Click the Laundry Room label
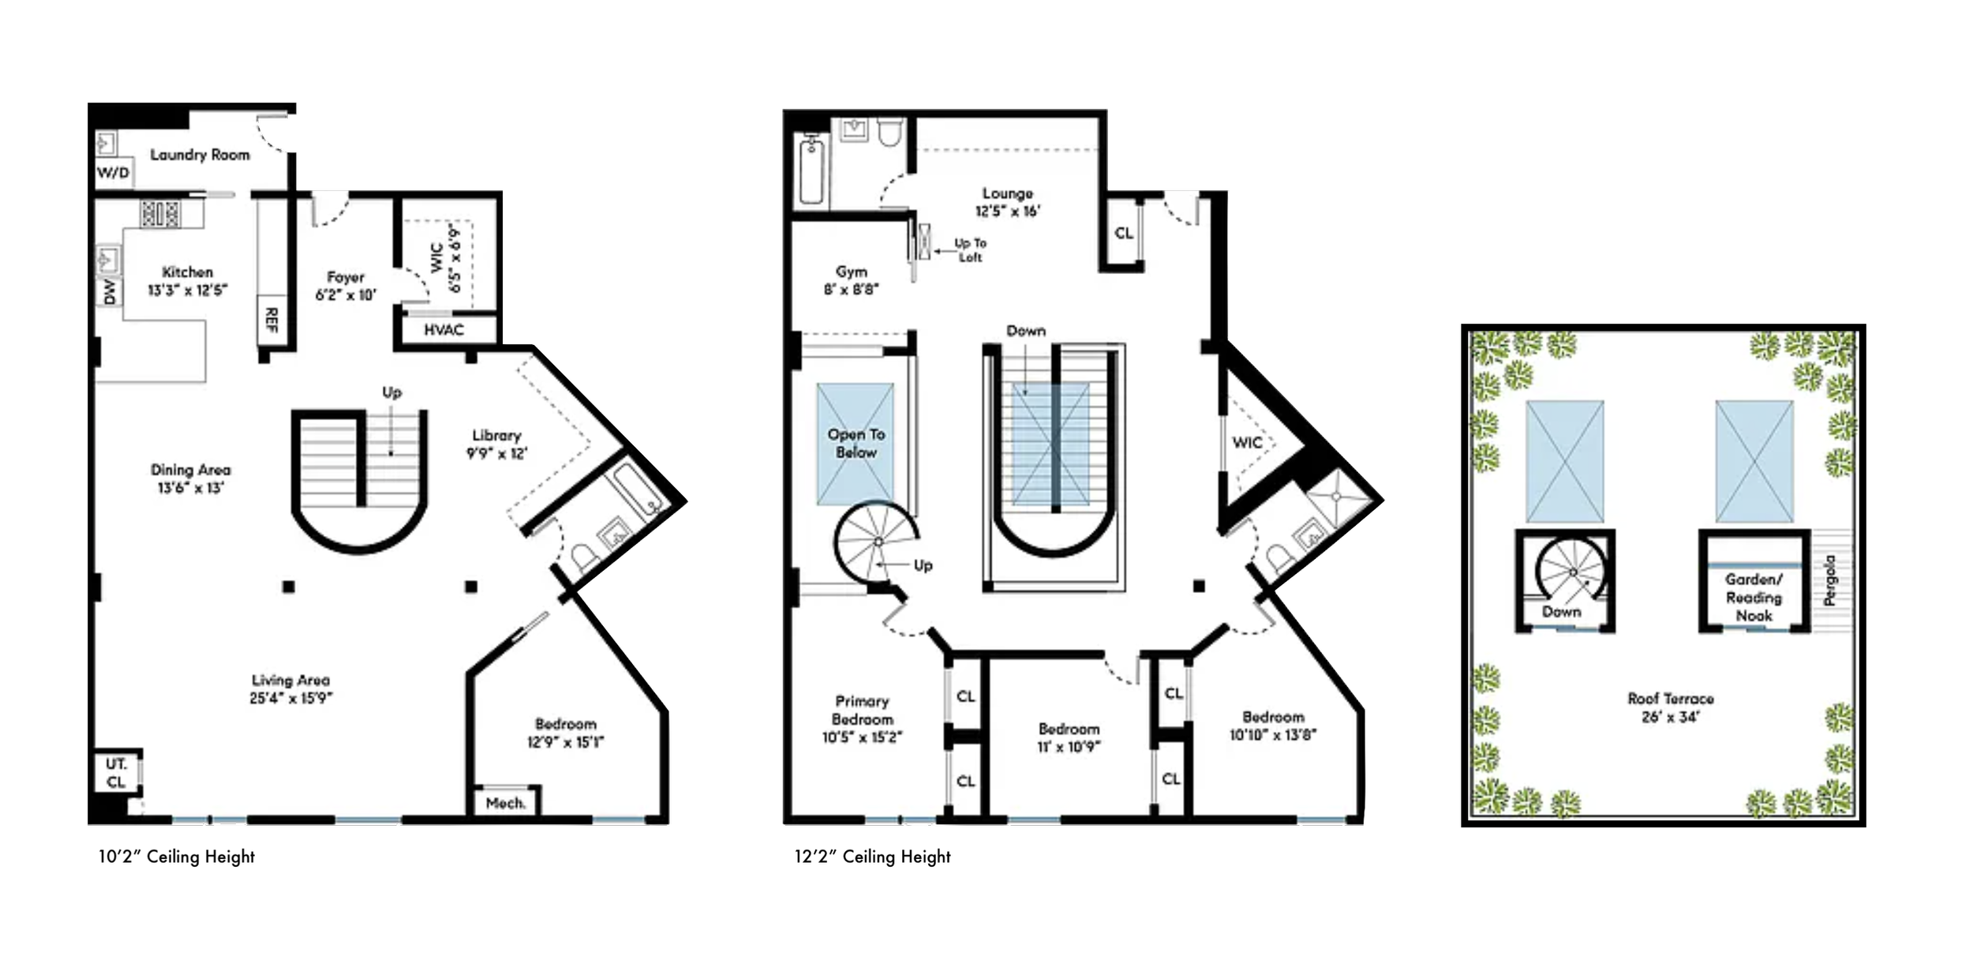point(200,155)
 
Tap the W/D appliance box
point(114,173)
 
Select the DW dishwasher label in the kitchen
point(109,291)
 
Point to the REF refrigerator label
point(271,320)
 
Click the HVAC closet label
point(444,329)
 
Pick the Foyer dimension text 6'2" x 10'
point(346,295)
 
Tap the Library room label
point(496,435)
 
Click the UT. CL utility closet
point(116,773)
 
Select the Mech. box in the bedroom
point(506,803)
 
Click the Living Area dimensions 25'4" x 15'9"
point(290,698)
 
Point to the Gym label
point(852,272)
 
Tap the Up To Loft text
point(970,250)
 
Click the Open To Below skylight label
point(856,443)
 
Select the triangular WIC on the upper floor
point(1247,443)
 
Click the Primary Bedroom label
point(862,710)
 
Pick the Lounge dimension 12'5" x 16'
point(1008,211)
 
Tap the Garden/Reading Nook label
point(1754,597)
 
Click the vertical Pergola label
point(1830,580)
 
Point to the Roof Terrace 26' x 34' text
point(1670,707)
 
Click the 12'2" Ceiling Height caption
point(872,857)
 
